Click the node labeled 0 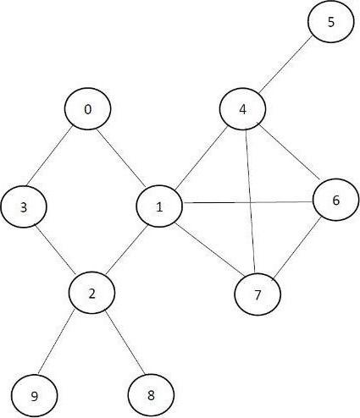tap(88, 110)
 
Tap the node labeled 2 tap(93, 292)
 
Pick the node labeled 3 tap(24, 206)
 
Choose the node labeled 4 tap(243, 110)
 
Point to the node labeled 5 tap(331, 23)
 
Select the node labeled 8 tap(152, 394)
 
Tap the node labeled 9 tap(33, 395)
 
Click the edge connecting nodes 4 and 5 tap(288, 66)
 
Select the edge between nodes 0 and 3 tap(56, 158)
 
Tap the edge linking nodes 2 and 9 tap(64, 343)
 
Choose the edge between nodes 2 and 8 tap(122, 343)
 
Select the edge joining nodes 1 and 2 tap(127, 250)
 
